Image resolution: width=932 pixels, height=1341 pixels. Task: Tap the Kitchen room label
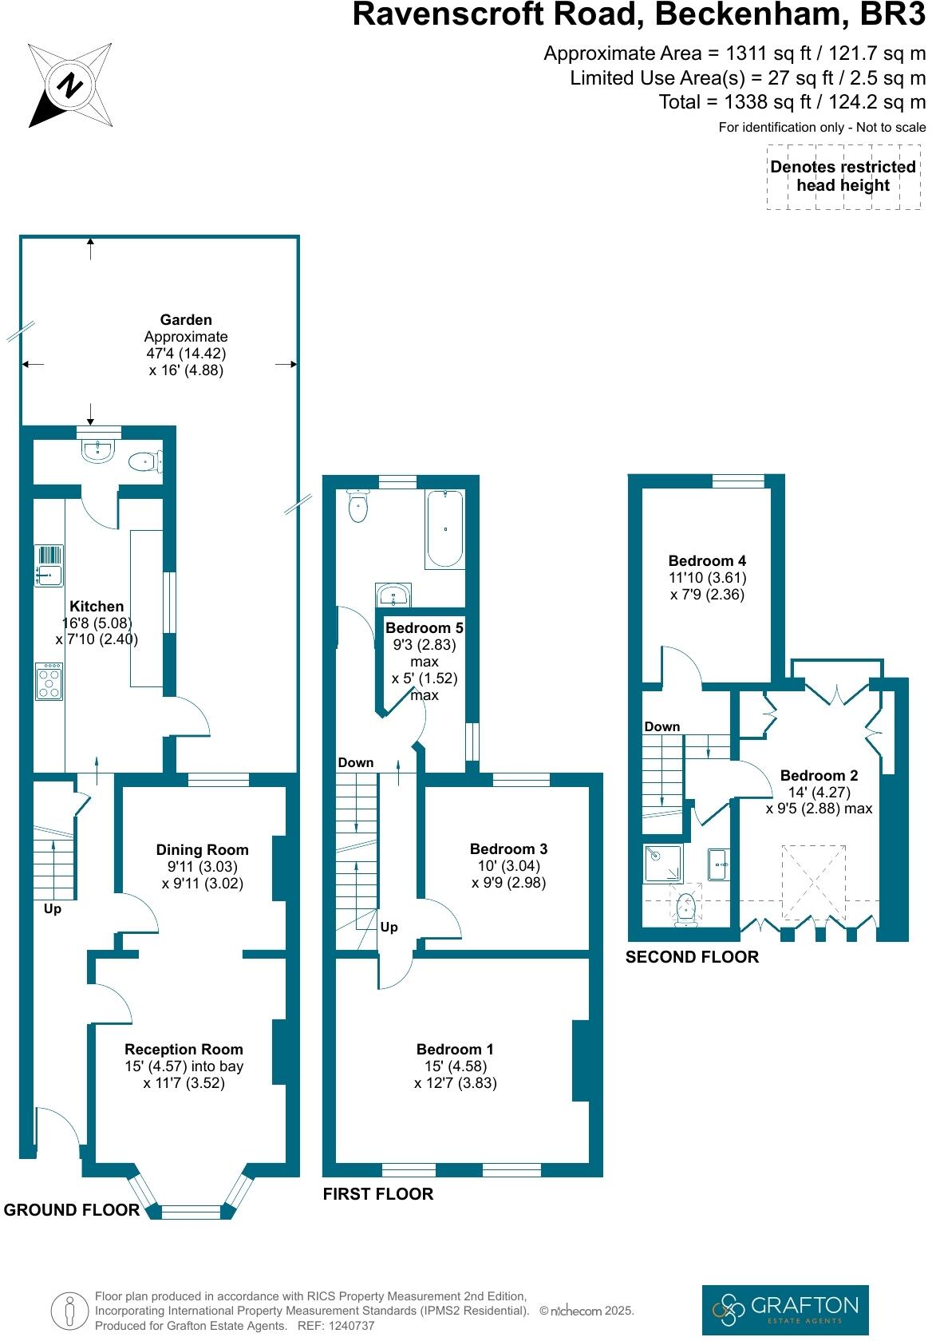point(97,607)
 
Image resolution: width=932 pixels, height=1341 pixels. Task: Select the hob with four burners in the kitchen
point(49,682)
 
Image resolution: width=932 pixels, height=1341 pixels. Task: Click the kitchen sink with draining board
point(49,564)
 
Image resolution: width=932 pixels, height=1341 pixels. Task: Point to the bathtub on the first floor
point(445,529)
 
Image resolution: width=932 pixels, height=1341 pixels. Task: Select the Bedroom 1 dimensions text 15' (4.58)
point(456,1066)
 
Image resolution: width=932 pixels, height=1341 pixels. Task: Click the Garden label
point(186,320)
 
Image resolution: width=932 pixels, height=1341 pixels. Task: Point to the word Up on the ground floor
point(53,909)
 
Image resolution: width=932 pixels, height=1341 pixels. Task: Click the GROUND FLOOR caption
point(72,1210)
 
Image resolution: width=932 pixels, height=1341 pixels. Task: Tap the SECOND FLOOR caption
point(692,956)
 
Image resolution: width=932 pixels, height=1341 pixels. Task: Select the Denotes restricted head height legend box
point(843,176)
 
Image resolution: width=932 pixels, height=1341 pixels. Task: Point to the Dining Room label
point(202,850)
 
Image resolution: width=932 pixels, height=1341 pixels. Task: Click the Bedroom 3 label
point(508,849)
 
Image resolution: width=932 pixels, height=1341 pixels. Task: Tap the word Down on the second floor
point(662,726)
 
